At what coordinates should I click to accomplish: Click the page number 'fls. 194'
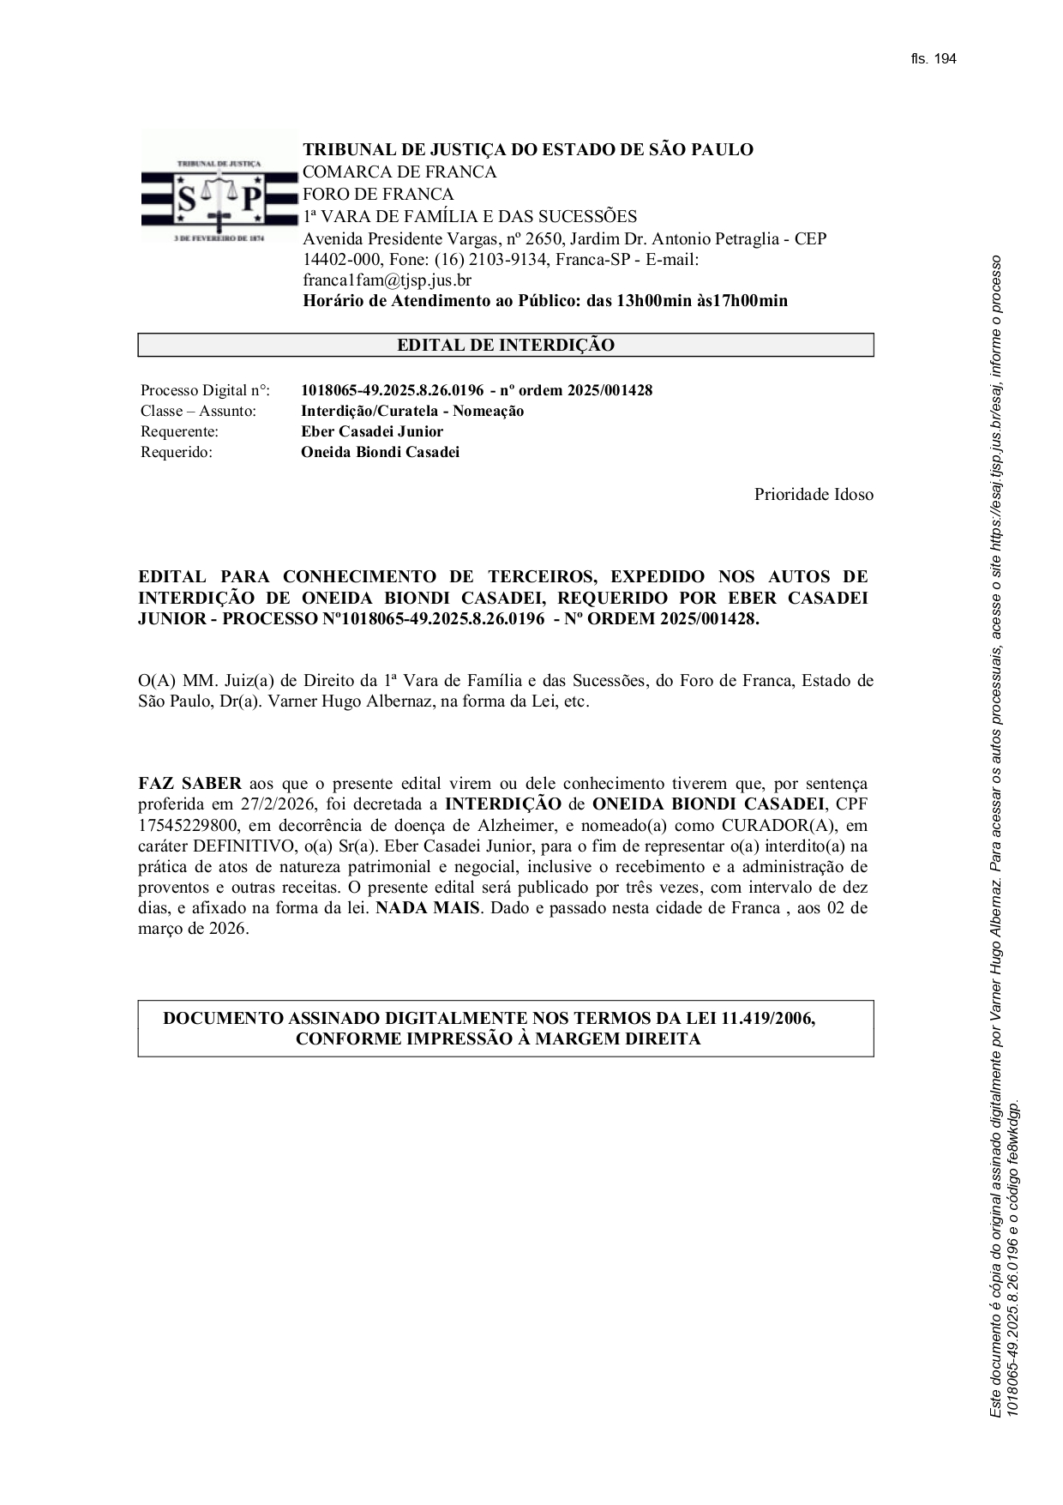tap(933, 59)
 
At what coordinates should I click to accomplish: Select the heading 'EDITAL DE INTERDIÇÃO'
tap(505, 346)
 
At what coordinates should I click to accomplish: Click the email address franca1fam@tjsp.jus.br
tap(387, 280)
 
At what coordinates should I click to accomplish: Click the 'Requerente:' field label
tap(179, 432)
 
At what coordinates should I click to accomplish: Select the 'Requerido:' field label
tap(176, 453)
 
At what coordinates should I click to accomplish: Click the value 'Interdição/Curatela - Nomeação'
tap(411, 412)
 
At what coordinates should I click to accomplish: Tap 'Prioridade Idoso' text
tap(814, 495)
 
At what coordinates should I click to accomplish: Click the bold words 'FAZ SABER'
tap(189, 784)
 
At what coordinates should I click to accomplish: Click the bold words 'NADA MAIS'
tap(427, 908)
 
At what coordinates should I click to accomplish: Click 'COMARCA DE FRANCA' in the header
tap(399, 172)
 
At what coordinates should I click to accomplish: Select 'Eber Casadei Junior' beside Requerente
tap(372, 432)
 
